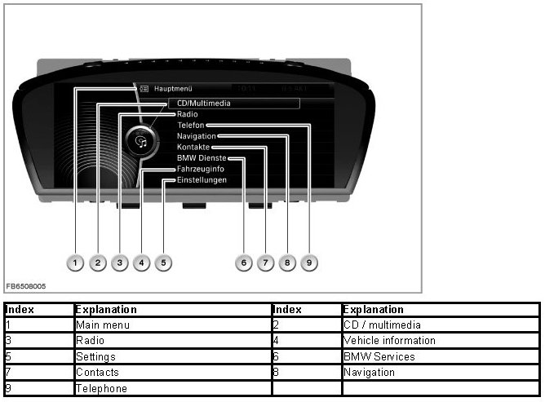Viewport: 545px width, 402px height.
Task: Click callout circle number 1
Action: click(x=75, y=263)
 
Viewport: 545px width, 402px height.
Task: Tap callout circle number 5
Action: click(x=163, y=263)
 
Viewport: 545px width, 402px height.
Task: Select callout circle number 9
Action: click(x=308, y=263)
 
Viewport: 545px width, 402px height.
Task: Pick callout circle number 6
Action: click(x=242, y=263)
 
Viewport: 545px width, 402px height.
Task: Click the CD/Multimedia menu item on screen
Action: click(x=204, y=104)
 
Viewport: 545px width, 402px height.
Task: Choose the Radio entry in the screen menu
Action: click(x=187, y=115)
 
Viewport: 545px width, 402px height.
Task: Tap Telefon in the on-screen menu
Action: click(x=191, y=126)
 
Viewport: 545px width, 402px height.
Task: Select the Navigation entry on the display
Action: click(x=196, y=136)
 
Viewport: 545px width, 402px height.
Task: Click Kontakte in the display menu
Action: click(x=193, y=147)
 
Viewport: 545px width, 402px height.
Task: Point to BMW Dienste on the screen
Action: click(x=201, y=157)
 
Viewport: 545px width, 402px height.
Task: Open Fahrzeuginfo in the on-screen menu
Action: click(x=200, y=169)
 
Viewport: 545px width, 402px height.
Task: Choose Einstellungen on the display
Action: click(x=202, y=179)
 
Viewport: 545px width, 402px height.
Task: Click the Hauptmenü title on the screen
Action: click(x=172, y=86)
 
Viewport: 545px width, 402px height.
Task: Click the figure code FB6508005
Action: click(x=25, y=286)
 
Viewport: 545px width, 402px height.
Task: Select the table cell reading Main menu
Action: click(x=103, y=325)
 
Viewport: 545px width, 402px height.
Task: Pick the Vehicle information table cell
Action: click(x=389, y=340)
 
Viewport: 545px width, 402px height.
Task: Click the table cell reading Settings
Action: click(x=95, y=356)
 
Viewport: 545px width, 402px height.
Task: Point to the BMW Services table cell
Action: click(x=379, y=356)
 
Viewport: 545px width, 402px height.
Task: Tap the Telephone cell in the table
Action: click(x=101, y=388)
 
